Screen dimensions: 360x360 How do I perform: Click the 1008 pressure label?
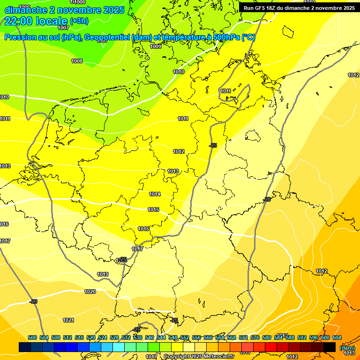pyautogui.click(x=77, y=61)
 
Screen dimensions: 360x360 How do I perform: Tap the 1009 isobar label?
pyautogui.click(x=156, y=46)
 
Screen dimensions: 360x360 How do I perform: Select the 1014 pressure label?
pyautogui.click(x=155, y=194)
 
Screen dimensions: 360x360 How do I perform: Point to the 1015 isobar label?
pyautogui.click(x=153, y=210)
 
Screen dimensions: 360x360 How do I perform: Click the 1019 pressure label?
pyautogui.click(x=103, y=274)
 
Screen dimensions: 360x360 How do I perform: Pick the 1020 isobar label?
pyautogui.click(x=90, y=292)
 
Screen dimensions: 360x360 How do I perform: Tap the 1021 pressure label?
pyautogui.click(x=68, y=320)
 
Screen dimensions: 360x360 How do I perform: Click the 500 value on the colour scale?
pyautogui.click(x=32, y=337)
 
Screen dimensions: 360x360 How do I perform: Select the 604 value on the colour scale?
pyautogui.click(x=337, y=337)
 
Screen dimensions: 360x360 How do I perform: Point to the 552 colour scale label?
pyautogui.click(x=185, y=337)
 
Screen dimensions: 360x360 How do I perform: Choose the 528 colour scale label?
pyautogui.click(x=114, y=337)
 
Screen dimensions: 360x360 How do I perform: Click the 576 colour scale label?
pyautogui.click(x=255, y=337)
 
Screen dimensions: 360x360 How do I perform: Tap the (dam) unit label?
pyautogui.click(x=347, y=347)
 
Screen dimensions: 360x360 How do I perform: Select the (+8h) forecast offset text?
pyautogui.click(x=79, y=21)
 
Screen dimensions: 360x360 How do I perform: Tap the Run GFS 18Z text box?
pyautogui.click(x=299, y=8)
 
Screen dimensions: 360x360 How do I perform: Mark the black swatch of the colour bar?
pyautogui.click(x=330, y=347)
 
